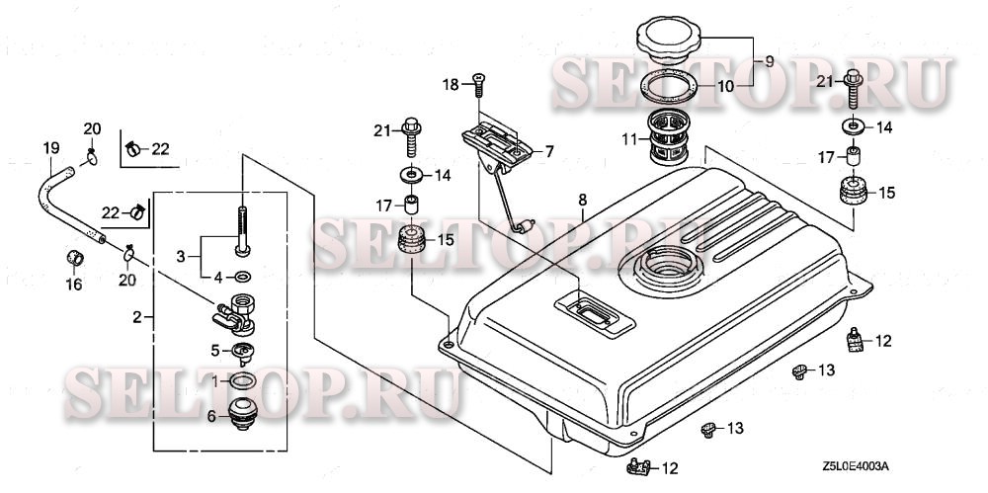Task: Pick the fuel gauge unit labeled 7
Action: click(502, 143)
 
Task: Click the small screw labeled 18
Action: click(478, 80)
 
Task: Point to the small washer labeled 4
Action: click(243, 275)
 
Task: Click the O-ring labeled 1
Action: click(243, 380)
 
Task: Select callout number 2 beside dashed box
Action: click(138, 317)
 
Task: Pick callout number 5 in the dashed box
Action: click(214, 349)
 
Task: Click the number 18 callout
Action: click(450, 86)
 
